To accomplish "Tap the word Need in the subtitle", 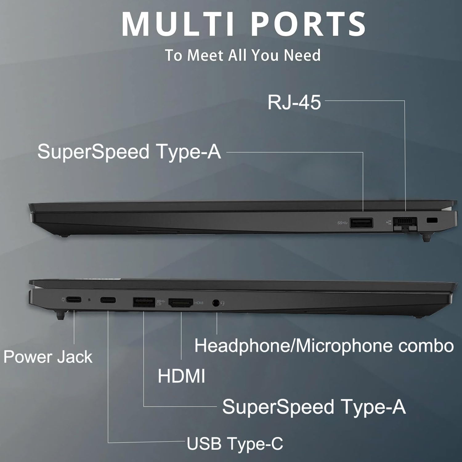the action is [302, 55].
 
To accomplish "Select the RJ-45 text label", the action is [294, 102].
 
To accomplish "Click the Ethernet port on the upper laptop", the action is [405, 224].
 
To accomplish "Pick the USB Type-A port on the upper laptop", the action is [361, 222].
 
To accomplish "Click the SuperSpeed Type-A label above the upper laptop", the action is [129, 152].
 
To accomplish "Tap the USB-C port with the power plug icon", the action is [74, 299].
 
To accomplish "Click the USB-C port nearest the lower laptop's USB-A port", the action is [108, 300].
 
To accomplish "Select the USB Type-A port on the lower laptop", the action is [144, 302].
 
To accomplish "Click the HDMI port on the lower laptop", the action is [181, 303].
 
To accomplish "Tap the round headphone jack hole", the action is [217, 303].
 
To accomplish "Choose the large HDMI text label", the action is [181, 376].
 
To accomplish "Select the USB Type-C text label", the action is [235, 444].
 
